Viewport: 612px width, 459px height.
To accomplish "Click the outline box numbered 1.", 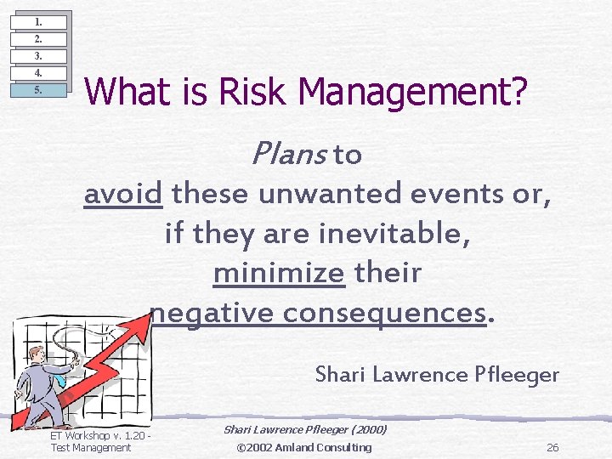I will (38, 22).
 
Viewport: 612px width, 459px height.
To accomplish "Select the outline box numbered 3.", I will (38, 56).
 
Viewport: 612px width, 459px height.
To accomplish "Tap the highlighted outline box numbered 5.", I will (38, 90).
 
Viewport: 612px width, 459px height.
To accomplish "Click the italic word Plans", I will (288, 154).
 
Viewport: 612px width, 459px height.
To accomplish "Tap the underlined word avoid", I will (123, 194).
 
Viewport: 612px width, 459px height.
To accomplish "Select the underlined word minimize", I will (279, 273).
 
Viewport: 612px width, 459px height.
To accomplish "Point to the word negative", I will (212, 313).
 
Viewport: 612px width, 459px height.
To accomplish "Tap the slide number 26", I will (552, 448).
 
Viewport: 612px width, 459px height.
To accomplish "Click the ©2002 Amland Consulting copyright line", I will (303, 447).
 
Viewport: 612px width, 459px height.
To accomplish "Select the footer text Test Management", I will (91, 448).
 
